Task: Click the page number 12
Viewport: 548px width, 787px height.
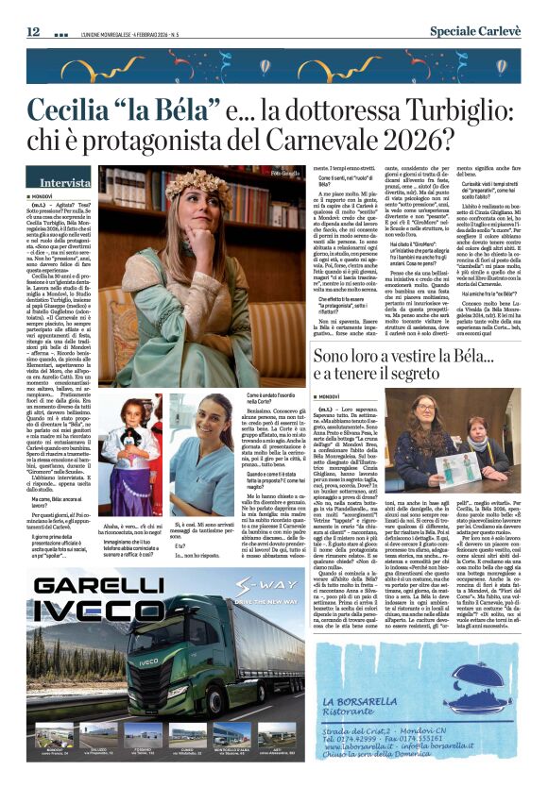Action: point(33,31)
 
